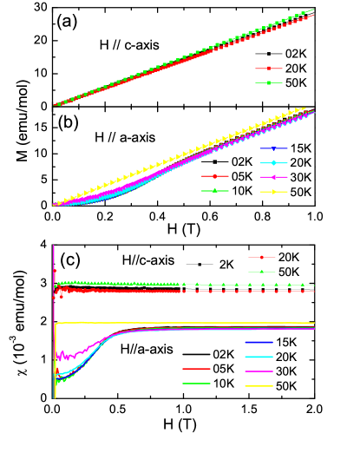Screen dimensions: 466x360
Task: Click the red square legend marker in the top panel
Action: click(x=269, y=68)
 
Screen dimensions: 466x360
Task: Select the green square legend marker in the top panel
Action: click(x=269, y=82)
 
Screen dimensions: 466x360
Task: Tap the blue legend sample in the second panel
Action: click(x=273, y=148)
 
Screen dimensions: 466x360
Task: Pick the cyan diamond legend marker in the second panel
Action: click(x=273, y=163)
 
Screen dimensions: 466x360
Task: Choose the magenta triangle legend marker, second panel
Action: click(x=273, y=177)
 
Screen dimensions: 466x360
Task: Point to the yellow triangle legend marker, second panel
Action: click(x=273, y=191)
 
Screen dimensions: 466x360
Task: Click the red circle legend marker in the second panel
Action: click(x=215, y=176)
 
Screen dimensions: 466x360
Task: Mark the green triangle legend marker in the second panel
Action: click(x=215, y=190)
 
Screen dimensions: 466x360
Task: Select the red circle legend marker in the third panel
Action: click(x=262, y=257)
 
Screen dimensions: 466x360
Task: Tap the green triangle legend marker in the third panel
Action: click(x=262, y=272)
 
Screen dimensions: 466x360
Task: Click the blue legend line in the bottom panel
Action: click(x=259, y=343)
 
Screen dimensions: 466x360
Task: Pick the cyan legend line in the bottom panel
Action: click(x=259, y=357)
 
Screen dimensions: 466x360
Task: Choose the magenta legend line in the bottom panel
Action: click(x=259, y=371)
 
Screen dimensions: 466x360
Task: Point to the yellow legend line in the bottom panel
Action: click(x=259, y=385)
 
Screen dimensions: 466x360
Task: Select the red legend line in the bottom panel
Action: click(x=197, y=369)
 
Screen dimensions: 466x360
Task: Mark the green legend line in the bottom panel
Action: click(x=197, y=384)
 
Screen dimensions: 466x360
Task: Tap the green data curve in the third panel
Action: click(x=130, y=284)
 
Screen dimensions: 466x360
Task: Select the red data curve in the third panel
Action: click(x=130, y=292)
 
